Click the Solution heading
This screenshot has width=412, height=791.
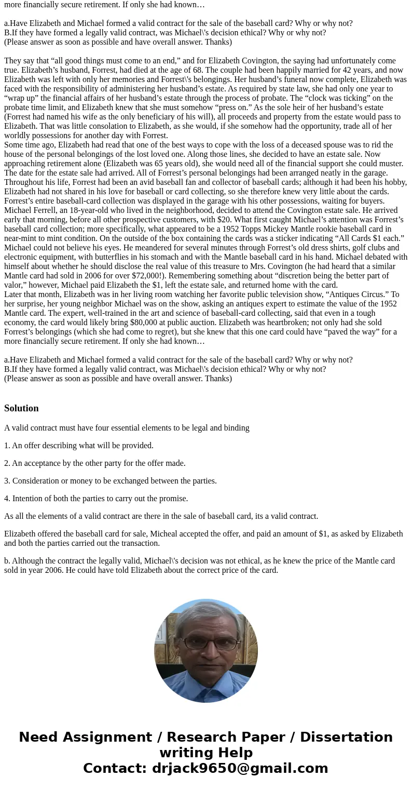tap(21, 408)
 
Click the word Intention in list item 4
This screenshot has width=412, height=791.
tap(28, 499)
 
